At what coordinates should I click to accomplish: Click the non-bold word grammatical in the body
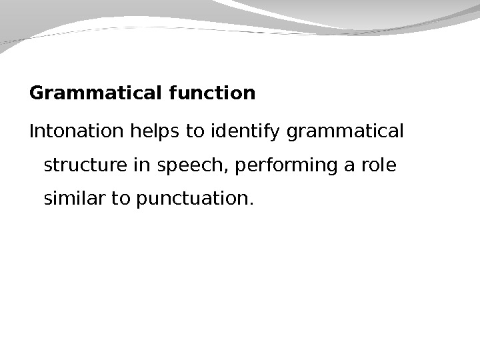pos(345,131)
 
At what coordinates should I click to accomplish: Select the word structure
pos(86,165)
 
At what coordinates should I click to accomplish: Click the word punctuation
pos(191,199)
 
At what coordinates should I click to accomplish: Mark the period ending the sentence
pos(251,203)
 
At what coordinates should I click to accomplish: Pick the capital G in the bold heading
pos(37,93)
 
